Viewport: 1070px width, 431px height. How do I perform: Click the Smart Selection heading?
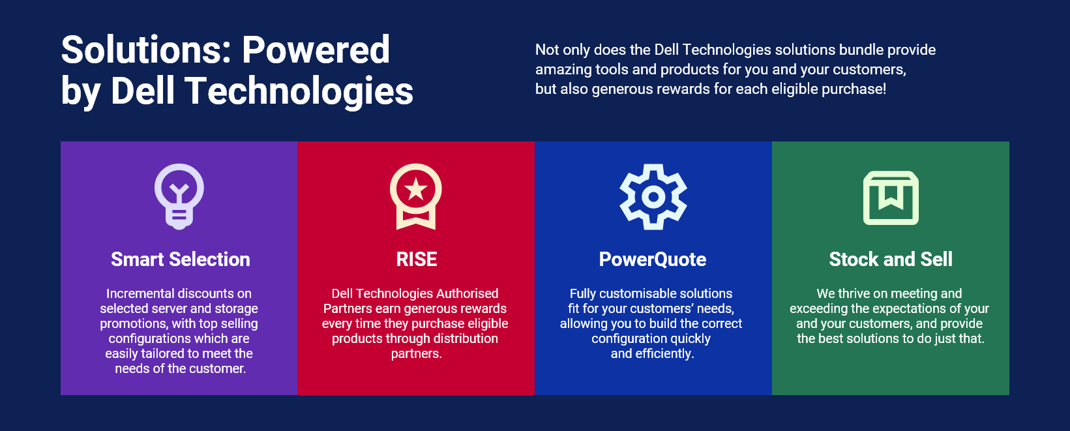pyautogui.click(x=181, y=260)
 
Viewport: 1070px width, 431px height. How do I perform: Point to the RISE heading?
pyautogui.click(x=417, y=260)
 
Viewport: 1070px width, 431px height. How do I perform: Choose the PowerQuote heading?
pyautogui.click(x=653, y=260)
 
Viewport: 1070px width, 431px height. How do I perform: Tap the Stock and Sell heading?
pyautogui.click(x=891, y=260)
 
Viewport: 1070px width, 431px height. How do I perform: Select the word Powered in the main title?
pyautogui.click(x=316, y=50)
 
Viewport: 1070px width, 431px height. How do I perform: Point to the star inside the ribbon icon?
pyautogui.click(x=415, y=190)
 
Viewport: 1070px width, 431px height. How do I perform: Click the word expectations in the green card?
pyautogui.click(x=907, y=308)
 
